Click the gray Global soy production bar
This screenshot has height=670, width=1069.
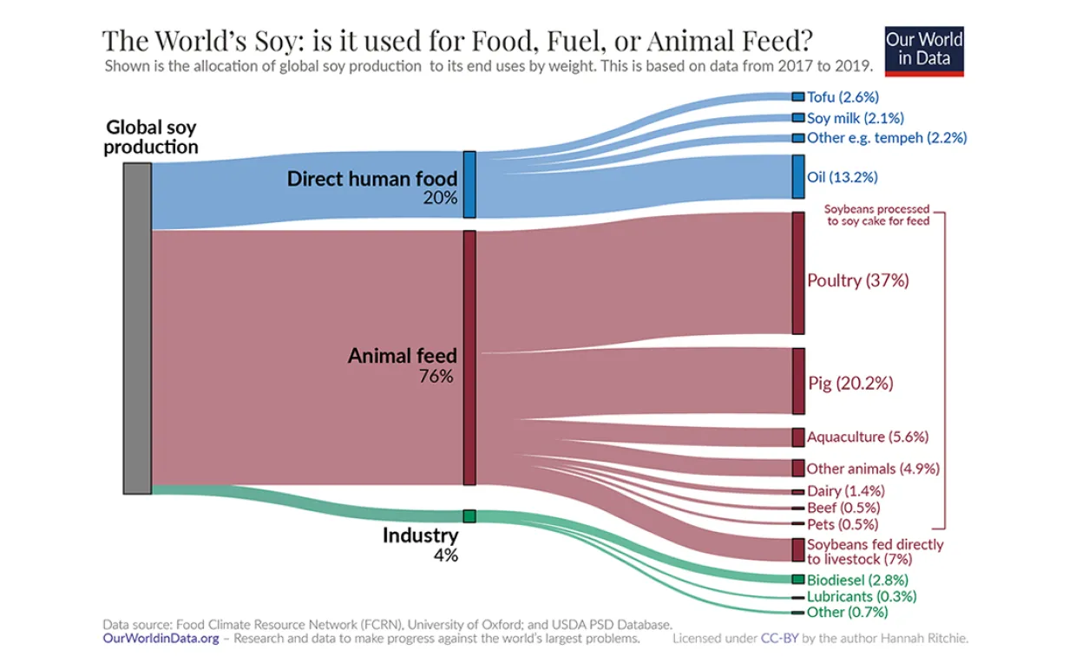pos(137,328)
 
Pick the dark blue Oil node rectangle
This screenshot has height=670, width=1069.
pos(798,177)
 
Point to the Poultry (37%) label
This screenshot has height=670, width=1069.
pos(857,280)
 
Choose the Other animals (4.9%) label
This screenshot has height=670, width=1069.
pos(873,469)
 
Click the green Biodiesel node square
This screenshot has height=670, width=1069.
pos(798,579)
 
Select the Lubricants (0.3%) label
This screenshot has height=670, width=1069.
pos(861,596)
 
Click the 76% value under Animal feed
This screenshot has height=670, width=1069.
pos(436,377)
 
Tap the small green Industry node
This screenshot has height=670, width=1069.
pos(469,516)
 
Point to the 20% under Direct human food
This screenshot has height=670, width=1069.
pos(440,198)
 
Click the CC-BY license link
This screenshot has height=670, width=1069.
pos(777,639)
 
